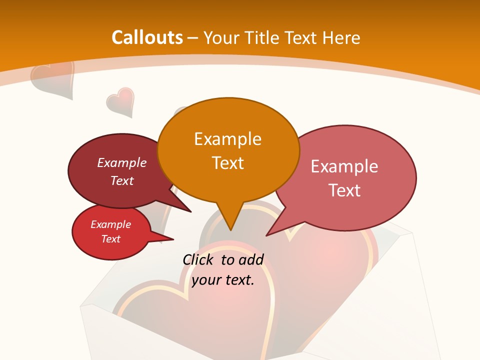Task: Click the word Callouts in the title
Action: [x=147, y=37]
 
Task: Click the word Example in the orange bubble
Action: [x=227, y=139]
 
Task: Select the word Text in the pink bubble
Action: [x=344, y=190]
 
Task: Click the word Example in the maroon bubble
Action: [x=122, y=163]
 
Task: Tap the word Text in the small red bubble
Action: [x=111, y=239]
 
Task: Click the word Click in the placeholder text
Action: [x=198, y=259]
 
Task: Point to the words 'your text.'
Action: [x=223, y=280]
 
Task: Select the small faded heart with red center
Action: [x=120, y=102]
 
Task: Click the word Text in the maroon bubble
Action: [x=122, y=181]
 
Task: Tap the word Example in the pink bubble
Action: [x=344, y=166]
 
